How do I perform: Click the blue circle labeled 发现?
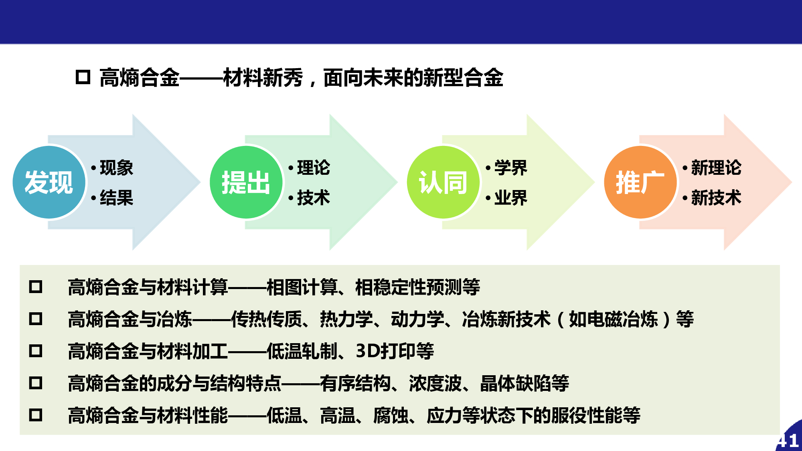(49, 182)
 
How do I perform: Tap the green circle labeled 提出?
(246, 182)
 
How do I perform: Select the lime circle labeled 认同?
(444, 182)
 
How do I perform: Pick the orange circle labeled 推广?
(640, 182)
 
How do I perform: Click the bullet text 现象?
(116, 168)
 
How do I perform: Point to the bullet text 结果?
(116, 198)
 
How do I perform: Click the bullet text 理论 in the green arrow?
(314, 168)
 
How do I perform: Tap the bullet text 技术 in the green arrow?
(314, 198)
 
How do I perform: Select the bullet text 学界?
(511, 168)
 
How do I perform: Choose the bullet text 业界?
(511, 198)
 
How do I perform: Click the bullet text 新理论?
(716, 168)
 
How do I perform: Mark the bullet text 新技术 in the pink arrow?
(716, 198)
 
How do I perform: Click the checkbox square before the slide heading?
(83, 77)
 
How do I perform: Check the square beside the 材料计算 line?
(36, 287)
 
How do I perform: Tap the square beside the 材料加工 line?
(36, 351)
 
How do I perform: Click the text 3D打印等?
(395, 351)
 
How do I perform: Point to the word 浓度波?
(435, 383)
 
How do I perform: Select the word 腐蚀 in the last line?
(391, 415)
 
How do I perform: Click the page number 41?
(788, 441)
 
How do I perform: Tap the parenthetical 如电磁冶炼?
(614, 319)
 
